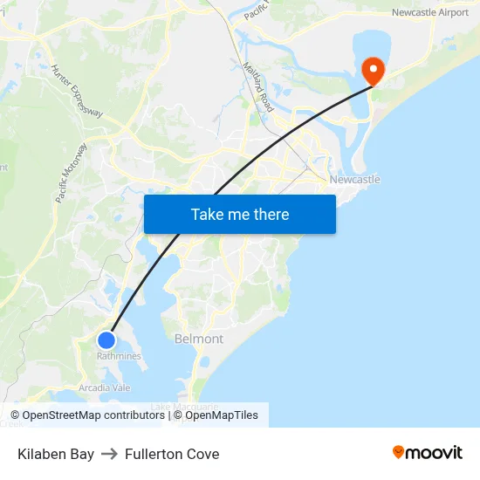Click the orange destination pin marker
click(x=373, y=70)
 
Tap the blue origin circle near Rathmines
click(x=106, y=340)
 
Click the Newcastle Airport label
click(x=429, y=12)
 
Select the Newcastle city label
click(x=354, y=180)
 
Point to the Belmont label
click(x=199, y=339)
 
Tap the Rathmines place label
click(x=119, y=356)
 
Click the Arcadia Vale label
click(x=105, y=387)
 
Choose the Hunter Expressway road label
click(x=77, y=91)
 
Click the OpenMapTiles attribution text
click(x=220, y=415)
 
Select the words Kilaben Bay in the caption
click(x=56, y=454)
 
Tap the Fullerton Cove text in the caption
click(x=172, y=454)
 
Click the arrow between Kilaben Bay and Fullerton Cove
click(x=109, y=454)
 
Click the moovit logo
click(x=427, y=452)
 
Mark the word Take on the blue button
click(x=208, y=215)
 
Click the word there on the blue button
click(x=271, y=215)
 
